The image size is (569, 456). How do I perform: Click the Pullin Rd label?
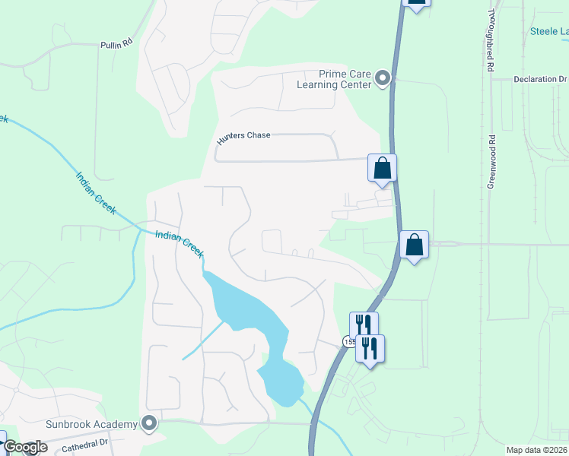coord(116,45)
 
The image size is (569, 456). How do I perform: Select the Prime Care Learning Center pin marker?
coord(383,78)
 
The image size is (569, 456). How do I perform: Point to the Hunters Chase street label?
coord(243,135)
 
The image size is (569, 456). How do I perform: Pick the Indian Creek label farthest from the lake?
coord(96,193)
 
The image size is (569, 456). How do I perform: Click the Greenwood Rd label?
coord(491,161)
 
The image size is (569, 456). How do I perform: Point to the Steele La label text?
coord(548,31)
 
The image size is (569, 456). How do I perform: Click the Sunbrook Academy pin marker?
coord(149,423)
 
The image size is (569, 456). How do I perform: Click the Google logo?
coord(24,448)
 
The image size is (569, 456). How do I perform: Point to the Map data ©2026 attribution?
coord(536,450)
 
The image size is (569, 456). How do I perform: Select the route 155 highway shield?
coord(348,342)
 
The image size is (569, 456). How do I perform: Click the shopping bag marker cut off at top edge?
coord(416,3)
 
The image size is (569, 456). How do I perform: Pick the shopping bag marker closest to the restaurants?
coord(414,245)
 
